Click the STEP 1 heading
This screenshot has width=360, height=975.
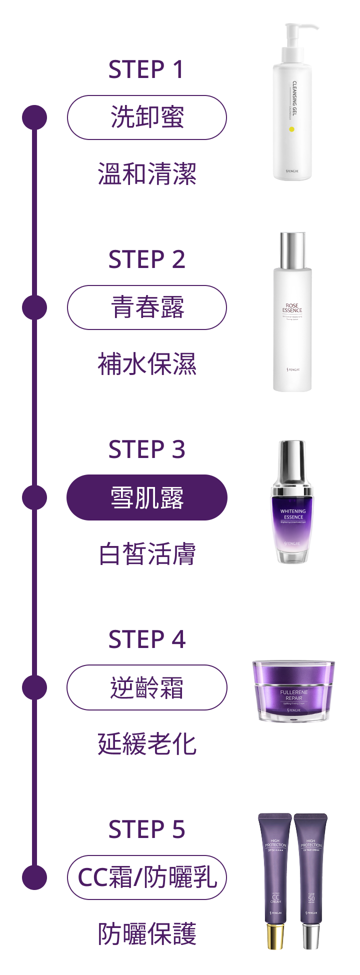click(x=146, y=69)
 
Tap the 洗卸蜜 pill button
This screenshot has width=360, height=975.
click(x=146, y=117)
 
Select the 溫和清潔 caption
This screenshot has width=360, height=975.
click(x=146, y=174)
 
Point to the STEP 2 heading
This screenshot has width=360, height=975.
click(x=146, y=259)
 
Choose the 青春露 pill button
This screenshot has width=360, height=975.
click(x=146, y=307)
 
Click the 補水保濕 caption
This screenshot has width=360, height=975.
click(x=146, y=364)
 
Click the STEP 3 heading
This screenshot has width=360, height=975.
click(x=146, y=449)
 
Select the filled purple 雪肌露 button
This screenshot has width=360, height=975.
click(x=146, y=497)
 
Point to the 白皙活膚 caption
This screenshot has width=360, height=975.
click(x=146, y=554)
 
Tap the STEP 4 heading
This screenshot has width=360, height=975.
click(x=146, y=639)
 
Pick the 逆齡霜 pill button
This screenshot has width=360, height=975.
click(x=146, y=687)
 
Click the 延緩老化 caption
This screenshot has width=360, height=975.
click(x=146, y=744)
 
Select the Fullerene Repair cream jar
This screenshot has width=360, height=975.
click(x=293, y=691)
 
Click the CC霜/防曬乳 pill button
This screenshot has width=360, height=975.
click(x=146, y=877)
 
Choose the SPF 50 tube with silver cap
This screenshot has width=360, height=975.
click(x=311, y=880)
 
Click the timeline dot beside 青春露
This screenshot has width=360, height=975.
click(x=34, y=307)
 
